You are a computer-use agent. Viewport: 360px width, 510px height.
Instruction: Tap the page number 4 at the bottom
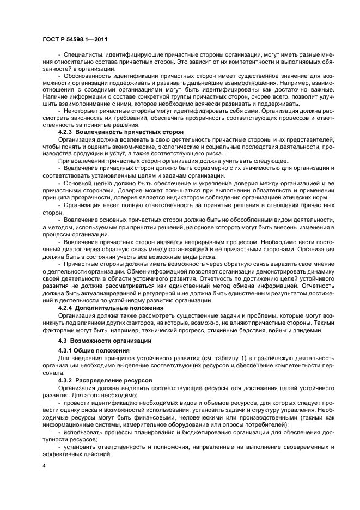43,466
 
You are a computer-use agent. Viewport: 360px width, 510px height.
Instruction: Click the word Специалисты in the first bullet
82,55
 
